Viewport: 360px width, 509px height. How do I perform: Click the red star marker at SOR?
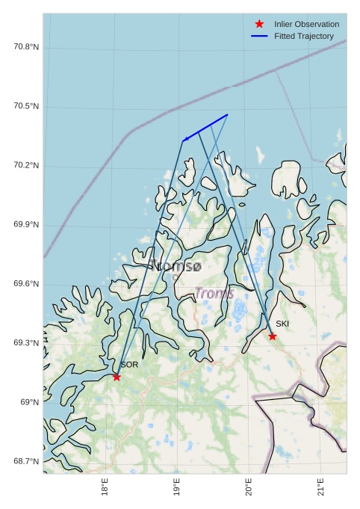(117, 377)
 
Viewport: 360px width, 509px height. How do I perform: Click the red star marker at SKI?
(273, 336)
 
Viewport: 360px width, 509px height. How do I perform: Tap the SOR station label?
(129, 365)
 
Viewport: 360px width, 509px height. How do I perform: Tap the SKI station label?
(282, 324)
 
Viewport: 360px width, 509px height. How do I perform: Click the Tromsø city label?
(176, 265)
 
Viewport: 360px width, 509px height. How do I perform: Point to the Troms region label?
(214, 294)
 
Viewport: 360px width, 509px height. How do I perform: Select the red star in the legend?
(259, 24)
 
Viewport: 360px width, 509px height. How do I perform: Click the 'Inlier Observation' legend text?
(306, 24)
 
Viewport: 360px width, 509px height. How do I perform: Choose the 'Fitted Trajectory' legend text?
(304, 36)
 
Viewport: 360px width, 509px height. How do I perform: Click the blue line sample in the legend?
(259, 36)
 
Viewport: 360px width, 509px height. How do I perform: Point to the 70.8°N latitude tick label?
(26, 47)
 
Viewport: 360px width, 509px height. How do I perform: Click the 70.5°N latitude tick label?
(26, 106)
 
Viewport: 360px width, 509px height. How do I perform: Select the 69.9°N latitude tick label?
(26, 224)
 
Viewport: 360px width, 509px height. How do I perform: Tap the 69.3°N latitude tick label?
(26, 343)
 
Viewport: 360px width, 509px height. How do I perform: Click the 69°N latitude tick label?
(30, 402)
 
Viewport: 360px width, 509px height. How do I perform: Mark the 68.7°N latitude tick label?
(26, 461)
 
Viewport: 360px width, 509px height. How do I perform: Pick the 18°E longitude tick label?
(105, 490)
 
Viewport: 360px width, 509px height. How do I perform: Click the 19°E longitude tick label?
(177, 490)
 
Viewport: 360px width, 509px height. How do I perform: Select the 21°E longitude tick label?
(321, 490)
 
